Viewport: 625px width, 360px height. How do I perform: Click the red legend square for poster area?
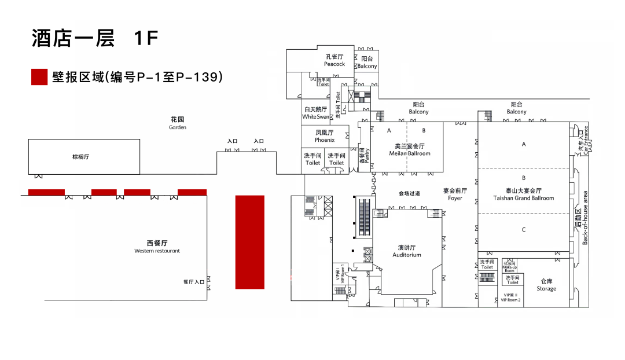pos(39,77)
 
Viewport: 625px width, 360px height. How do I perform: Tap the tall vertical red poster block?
pos(250,242)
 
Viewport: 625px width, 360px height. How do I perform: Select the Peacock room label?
pos(334,60)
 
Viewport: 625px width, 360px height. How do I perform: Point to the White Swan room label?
pos(315,113)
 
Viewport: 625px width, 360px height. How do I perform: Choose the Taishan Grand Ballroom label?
pos(524,194)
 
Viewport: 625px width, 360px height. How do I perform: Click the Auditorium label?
pos(407,251)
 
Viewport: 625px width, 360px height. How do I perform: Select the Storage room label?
pos(546,285)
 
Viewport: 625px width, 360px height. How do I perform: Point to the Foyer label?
pos(455,194)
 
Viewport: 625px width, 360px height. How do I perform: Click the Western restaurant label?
pos(157,247)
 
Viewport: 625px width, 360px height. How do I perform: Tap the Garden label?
pos(178,123)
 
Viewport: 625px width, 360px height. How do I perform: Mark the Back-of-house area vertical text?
pos(585,218)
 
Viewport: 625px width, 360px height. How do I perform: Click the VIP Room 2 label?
pos(511,299)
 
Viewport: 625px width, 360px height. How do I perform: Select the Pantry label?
pos(364,152)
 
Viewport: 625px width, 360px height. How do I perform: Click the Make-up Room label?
pos(509,266)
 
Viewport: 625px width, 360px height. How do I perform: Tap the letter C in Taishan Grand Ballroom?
pos(524,230)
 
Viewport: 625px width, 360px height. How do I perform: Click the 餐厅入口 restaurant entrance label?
pos(194,282)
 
